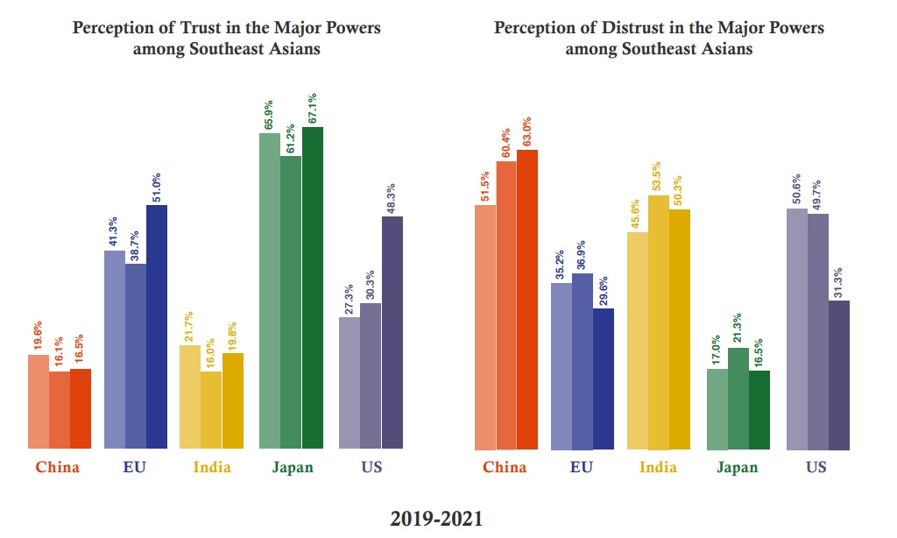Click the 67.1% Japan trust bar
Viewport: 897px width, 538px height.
tap(312, 288)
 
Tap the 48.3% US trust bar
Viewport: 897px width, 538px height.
tap(392, 333)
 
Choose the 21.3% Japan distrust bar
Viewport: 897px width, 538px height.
tap(738, 399)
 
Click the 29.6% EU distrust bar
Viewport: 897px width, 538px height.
tap(603, 379)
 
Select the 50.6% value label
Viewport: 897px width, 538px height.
tap(796, 191)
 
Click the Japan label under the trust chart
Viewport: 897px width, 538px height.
tap(291, 467)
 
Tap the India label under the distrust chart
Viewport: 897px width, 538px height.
tap(658, 467)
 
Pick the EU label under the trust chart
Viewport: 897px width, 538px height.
tap(135, 467)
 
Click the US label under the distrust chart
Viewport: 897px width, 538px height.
tap(817, 467)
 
